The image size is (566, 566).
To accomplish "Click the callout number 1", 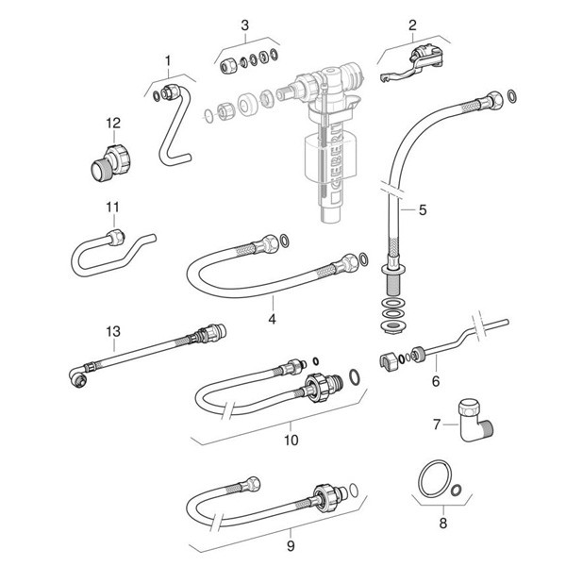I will coord(168,61).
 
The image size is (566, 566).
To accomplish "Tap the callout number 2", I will coord(411,25).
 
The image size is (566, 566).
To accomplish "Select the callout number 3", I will coord(244,25).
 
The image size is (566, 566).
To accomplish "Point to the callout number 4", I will coord(271,319).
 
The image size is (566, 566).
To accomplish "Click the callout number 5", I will coord(422,210).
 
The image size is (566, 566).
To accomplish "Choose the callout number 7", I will coord(437,424).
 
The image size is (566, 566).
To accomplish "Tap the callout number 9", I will coord(291,544).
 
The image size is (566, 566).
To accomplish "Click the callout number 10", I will coord(291,439).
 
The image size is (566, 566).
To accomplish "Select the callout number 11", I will coord(112,208).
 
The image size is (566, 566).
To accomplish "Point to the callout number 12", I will coord(113,123).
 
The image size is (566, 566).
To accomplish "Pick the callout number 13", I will coord(113,331).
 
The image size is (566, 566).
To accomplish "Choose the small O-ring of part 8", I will coord(457,490).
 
